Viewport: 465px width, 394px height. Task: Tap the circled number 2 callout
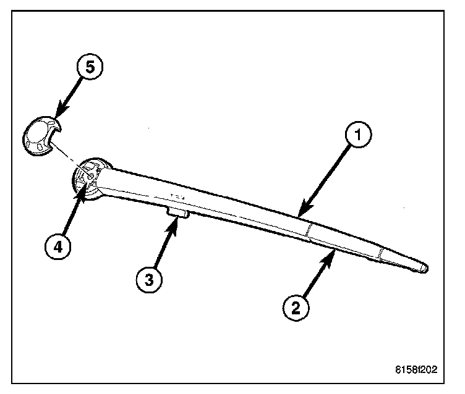pyautogui.click(x=295, y=307)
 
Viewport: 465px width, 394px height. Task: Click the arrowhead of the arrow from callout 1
pyautogui.click(x=299, y=216)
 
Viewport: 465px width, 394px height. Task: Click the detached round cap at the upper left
pyautogui.click(x=41, y=135)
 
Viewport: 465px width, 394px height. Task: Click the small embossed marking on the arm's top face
pyautogui.click(x=177, y=196)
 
